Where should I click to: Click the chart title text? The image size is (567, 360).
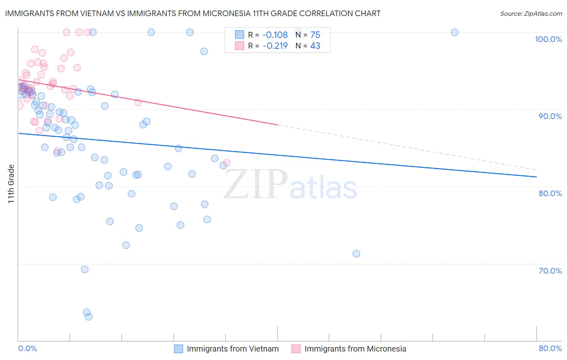(x=193, y=14)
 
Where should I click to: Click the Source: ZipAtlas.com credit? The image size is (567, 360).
(x=531, y=14)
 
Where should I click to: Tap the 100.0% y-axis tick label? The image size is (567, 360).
(x=548, y=39)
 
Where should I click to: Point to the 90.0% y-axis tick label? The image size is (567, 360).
(x=550, y=116)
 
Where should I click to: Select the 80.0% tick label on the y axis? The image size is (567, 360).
(x=550, y=193)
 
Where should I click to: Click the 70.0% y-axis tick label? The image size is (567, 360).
(x=550, y=271)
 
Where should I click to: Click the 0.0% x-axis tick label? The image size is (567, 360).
(x=27, y=348)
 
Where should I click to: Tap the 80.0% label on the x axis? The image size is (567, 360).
(x=550, y=348)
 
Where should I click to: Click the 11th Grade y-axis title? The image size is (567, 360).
(x=11, y=184)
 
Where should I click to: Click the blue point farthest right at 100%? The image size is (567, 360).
(x=454, y=32)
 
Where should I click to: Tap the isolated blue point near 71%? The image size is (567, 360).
(x=356, y=254)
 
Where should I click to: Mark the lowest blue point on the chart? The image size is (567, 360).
(x=89, y=317)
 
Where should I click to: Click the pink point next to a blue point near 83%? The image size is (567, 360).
(x=227, y=163)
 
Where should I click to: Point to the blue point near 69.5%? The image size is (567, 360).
(x=85, y=269)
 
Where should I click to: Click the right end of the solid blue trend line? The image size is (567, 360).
(x=536, y=177)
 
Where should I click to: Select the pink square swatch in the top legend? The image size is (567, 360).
(x=240, y=46)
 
